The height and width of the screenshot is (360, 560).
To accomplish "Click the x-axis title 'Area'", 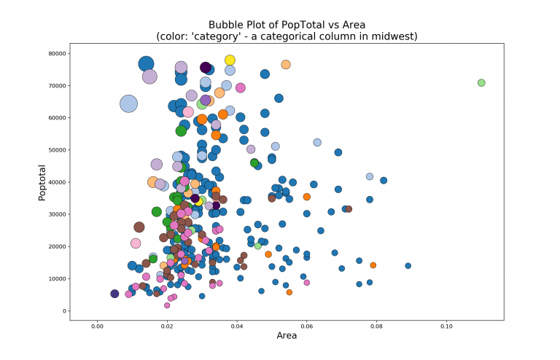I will click(x=287, y=335).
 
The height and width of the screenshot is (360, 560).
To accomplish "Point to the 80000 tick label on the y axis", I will click(x=58, y=53).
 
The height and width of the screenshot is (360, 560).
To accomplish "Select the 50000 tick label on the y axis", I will click(x=58, y=150).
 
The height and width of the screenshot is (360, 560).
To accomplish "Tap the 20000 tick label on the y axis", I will click(x=58, y=246).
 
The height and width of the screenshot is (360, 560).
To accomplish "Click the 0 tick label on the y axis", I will click(x=64, y=311).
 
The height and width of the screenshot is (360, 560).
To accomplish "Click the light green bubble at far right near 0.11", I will click(x=481, y=83).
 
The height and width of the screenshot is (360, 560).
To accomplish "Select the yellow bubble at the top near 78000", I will click(x=230, y=60).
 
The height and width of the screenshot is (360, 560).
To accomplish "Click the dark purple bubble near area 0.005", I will click(x=114, y=294).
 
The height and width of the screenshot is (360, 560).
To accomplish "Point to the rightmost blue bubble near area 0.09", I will click(x=408, y=266).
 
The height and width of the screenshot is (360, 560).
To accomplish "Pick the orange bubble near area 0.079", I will click(x=373, y=265).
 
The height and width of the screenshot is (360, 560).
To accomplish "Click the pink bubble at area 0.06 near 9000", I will click(x=306, y=283).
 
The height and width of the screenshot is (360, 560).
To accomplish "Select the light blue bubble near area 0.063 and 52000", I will click(x=317, y=143).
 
